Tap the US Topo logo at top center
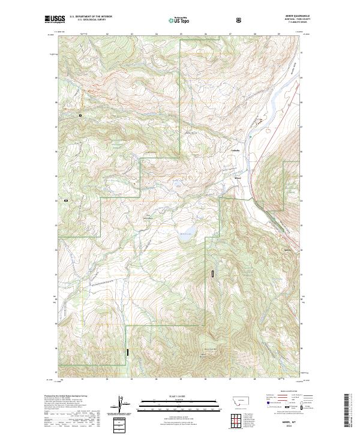176,20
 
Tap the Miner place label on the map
238,178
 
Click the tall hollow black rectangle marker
212,274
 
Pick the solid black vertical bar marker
127,352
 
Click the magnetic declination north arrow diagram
127,405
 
